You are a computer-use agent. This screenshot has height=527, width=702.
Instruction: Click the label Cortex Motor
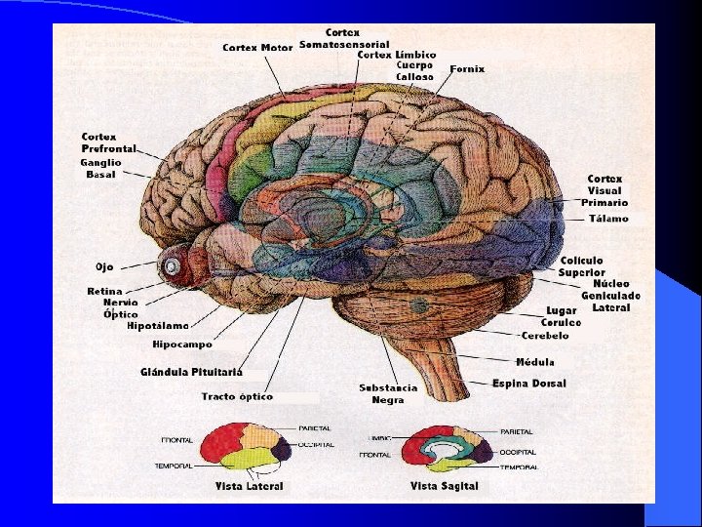pyautogui.click(x=257, y=47)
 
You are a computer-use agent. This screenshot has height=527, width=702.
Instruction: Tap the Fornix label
pyautogui.click(x=467, y=69)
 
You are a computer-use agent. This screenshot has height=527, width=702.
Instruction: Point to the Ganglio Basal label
pyautogui.click(x=100, y=168)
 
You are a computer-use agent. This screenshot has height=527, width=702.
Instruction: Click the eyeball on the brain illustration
pyautogui.click(x=174, y=263)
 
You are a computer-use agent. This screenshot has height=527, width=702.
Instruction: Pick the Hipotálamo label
pyautogui.click(x=158, y=326)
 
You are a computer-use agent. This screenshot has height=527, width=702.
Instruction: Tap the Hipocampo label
pyautogui.click(x=181, y=345)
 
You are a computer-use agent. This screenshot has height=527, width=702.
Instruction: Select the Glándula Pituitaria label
pyautogui.click(x=191, y=372)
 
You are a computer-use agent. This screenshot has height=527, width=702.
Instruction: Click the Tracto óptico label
pyautogui.click(x=237, y=396)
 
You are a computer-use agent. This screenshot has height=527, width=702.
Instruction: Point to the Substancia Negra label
pyautogui.click(x=388, y=393)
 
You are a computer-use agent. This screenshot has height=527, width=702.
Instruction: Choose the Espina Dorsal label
pyautogui.click(x=528, y=384)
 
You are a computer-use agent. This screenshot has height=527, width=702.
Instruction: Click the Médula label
pyautogui.click(x=535, y=361)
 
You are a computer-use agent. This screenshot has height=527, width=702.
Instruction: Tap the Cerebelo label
pyautogui.click(x=545, y=335)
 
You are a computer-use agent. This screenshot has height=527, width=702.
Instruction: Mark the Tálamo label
pyautogui.click(x=609, y=220)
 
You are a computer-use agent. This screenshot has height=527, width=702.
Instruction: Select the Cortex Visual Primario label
pyautogui.click(x=604, y=190)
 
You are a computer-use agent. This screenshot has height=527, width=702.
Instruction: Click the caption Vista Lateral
pyautogui.click(x=251, y=486)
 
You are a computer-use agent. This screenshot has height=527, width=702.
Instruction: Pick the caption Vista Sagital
pyautogui.click(x=444, y=486)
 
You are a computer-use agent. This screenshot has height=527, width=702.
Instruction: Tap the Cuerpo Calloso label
pyautogui.click(x=414, y=70)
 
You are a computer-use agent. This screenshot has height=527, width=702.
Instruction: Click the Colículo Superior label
pyautogui.click(x=582, y=266)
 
